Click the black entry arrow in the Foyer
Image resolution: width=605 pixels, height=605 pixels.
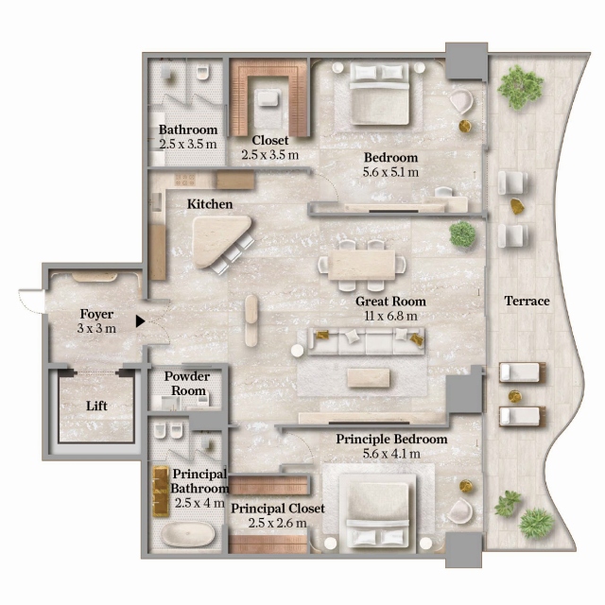140,321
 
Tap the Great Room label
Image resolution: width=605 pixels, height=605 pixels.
390,302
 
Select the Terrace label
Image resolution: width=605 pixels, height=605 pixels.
527,301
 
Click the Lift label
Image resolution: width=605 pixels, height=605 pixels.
96,406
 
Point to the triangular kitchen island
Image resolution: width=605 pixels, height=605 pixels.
221,240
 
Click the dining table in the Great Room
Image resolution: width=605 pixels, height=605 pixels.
361,265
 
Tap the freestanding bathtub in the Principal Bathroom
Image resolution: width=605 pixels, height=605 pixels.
187,534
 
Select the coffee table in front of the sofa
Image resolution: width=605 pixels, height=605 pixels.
368,377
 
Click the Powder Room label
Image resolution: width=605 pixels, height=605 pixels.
187,384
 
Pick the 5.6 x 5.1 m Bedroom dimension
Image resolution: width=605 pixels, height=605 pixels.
390,172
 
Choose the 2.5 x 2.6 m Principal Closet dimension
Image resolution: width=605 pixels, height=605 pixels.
277,523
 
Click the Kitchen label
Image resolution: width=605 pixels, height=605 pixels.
210,204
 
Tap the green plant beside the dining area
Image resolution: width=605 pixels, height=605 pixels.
462,234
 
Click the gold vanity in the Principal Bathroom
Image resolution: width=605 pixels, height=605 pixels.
160,492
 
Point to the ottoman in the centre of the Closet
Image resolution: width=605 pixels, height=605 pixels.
268,97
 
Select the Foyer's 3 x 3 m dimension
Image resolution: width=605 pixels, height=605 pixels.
96,328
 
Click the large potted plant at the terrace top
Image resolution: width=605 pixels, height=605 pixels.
520,86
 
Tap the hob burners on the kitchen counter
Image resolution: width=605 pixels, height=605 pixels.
186,180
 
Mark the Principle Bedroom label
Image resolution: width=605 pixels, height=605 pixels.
391,439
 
